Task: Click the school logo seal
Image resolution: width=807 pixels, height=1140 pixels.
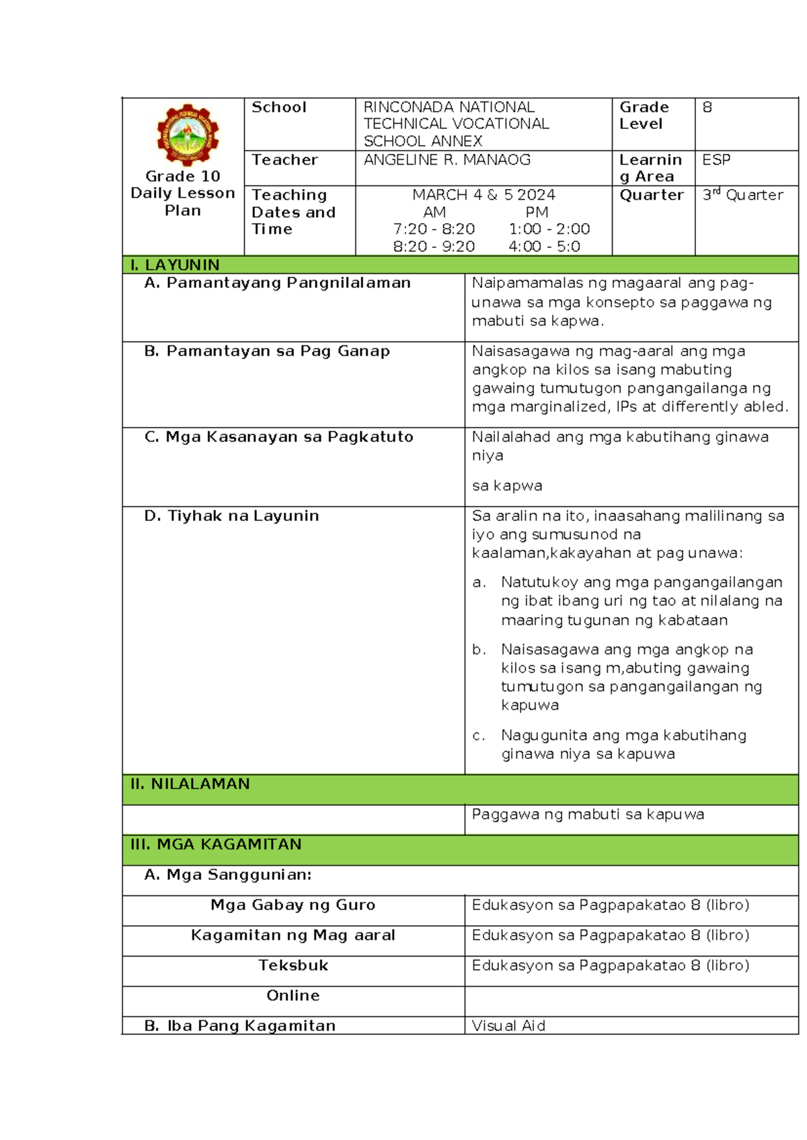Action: coord(188,134)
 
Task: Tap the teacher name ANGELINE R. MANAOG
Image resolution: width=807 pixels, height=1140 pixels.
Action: coord(447,160)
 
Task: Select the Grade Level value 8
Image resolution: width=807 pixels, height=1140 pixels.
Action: coord(707,108)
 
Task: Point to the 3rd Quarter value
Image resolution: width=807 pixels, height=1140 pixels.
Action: coord(742,195)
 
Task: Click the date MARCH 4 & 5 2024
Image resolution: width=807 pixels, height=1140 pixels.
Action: coord(484,195)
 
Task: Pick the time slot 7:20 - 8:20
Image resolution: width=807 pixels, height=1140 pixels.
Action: coord(434,229)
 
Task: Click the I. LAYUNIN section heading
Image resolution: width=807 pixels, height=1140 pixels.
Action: coord(175,265)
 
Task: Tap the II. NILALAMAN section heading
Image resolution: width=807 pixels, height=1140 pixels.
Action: coord(190,784)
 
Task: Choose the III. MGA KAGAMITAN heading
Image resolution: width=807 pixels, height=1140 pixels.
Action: coord(215,844)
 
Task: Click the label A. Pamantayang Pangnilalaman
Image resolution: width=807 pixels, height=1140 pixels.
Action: coord(277,283)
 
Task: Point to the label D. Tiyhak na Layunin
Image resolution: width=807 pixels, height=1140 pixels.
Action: coord(231,516)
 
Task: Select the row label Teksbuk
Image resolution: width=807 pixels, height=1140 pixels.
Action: coord(293,966)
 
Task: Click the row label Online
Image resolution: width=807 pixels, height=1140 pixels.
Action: coord(293,995)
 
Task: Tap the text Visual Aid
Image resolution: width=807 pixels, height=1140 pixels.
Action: coord(508,1026)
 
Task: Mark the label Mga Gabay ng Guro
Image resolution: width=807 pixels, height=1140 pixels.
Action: coord(293,905)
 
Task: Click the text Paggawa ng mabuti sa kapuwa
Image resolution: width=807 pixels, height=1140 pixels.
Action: coord(588,815)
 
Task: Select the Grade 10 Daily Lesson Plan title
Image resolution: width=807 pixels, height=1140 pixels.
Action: coord(183,194)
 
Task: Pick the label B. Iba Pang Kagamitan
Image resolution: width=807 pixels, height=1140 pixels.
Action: coord(239,1026)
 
